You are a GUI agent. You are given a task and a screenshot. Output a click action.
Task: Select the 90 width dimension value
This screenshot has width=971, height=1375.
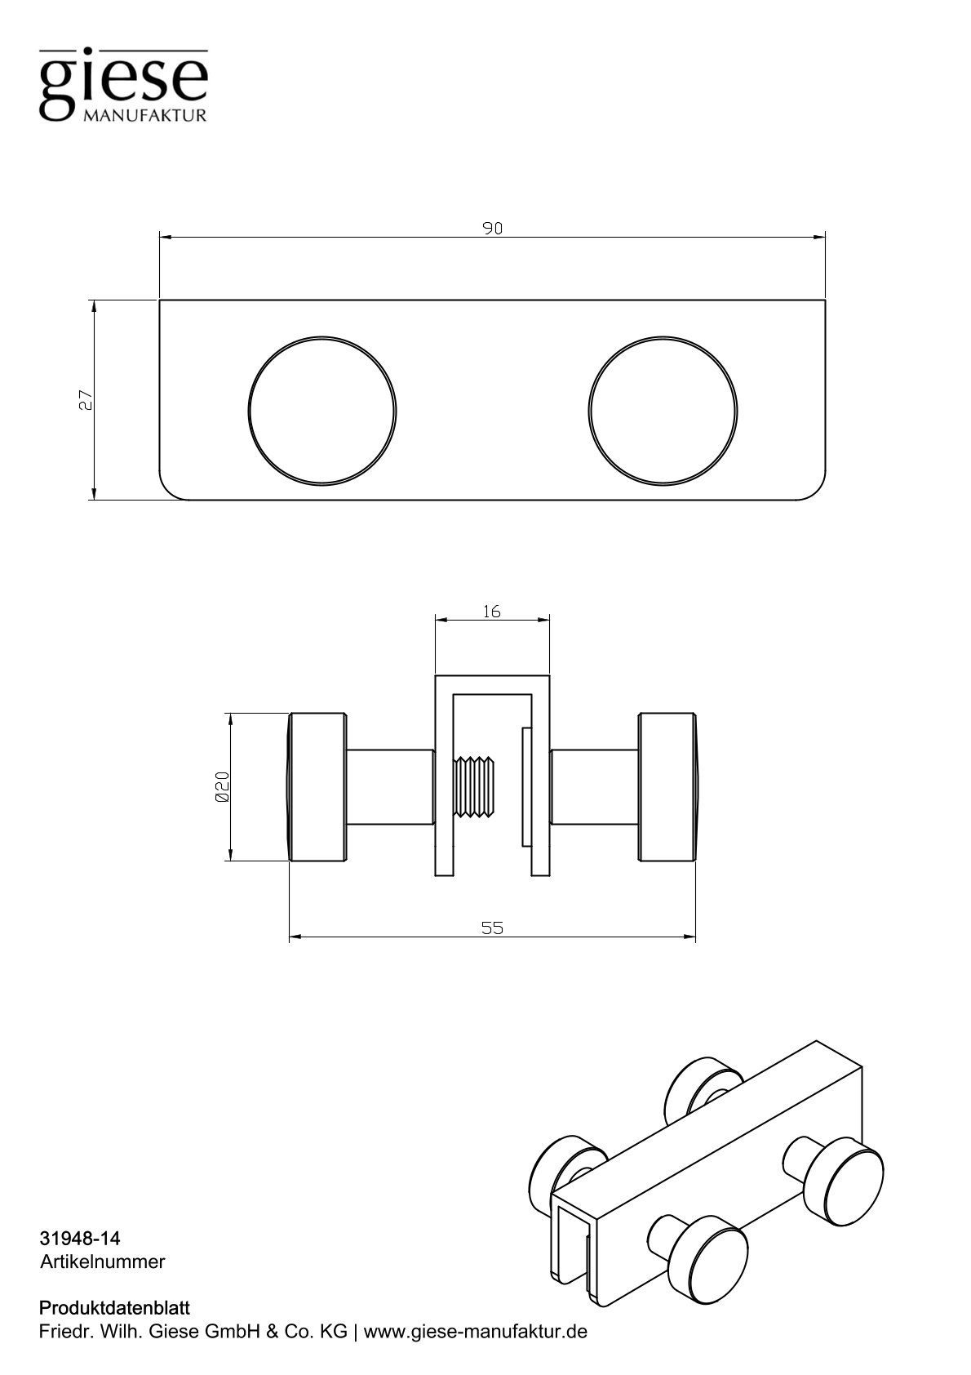(491, 229)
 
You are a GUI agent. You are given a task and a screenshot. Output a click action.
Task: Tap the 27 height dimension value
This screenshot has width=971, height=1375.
(85, 399)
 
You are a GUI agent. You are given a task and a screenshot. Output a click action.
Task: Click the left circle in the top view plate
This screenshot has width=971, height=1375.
(322, 412)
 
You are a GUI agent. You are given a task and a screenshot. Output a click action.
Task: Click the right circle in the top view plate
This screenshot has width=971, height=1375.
(663, 412)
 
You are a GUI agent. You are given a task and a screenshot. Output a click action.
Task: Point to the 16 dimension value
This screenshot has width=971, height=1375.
(491, 611)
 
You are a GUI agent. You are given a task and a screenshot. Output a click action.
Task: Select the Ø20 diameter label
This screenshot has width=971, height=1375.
(221, 786)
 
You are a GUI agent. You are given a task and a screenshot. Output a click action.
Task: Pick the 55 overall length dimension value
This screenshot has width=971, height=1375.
(492, 928)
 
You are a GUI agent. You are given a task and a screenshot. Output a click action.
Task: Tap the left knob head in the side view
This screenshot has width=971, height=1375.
(318, 787)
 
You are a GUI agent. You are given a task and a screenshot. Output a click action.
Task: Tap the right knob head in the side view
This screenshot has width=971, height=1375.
(667, 787)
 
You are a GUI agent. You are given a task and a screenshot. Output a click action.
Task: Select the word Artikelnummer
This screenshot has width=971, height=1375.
(102, 1262)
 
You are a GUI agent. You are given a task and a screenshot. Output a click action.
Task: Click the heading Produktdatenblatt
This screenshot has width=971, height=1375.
(114, 1309)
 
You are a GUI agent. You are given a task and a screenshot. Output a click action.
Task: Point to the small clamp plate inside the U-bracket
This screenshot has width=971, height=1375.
(525, 786)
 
